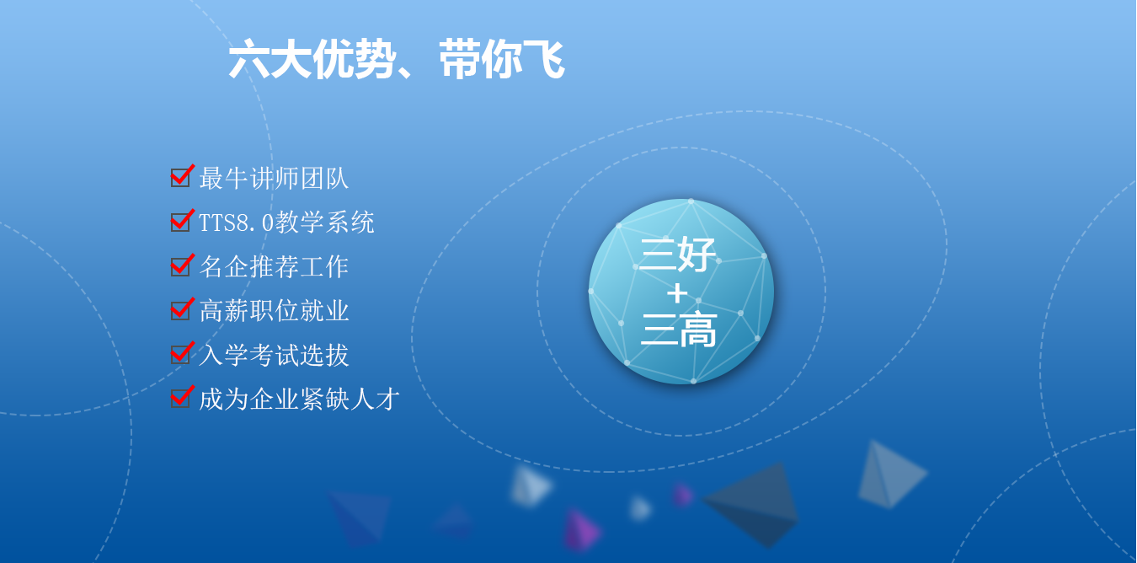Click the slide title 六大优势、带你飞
pos(397,60)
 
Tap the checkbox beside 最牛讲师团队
pos(181,177)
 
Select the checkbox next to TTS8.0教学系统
pos(181,222)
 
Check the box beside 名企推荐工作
pos(181,265)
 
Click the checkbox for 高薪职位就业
pos(181,310)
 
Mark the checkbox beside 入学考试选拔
pos(181,354)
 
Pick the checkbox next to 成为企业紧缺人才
pos(181,398)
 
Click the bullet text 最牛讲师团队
pos(274,179)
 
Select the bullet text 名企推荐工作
pos(274,267)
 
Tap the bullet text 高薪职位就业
pos(274,310)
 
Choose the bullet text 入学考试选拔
pos(274,355)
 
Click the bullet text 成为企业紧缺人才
pos(299,399)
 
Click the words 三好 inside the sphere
pos(678,254)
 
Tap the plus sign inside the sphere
pos(677,293)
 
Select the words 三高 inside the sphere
pos(679,330)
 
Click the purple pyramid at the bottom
pos(580,530)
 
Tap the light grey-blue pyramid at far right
pos(891,475)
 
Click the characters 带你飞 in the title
pos(502,60)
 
